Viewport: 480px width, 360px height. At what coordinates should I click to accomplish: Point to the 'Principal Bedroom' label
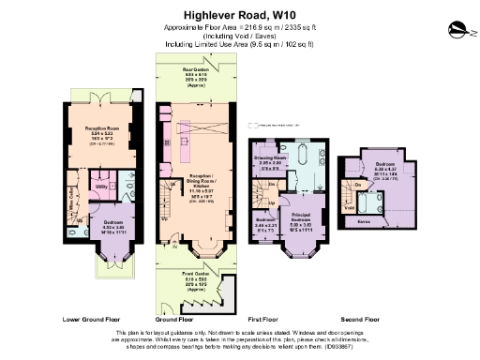(x=301, y=219)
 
